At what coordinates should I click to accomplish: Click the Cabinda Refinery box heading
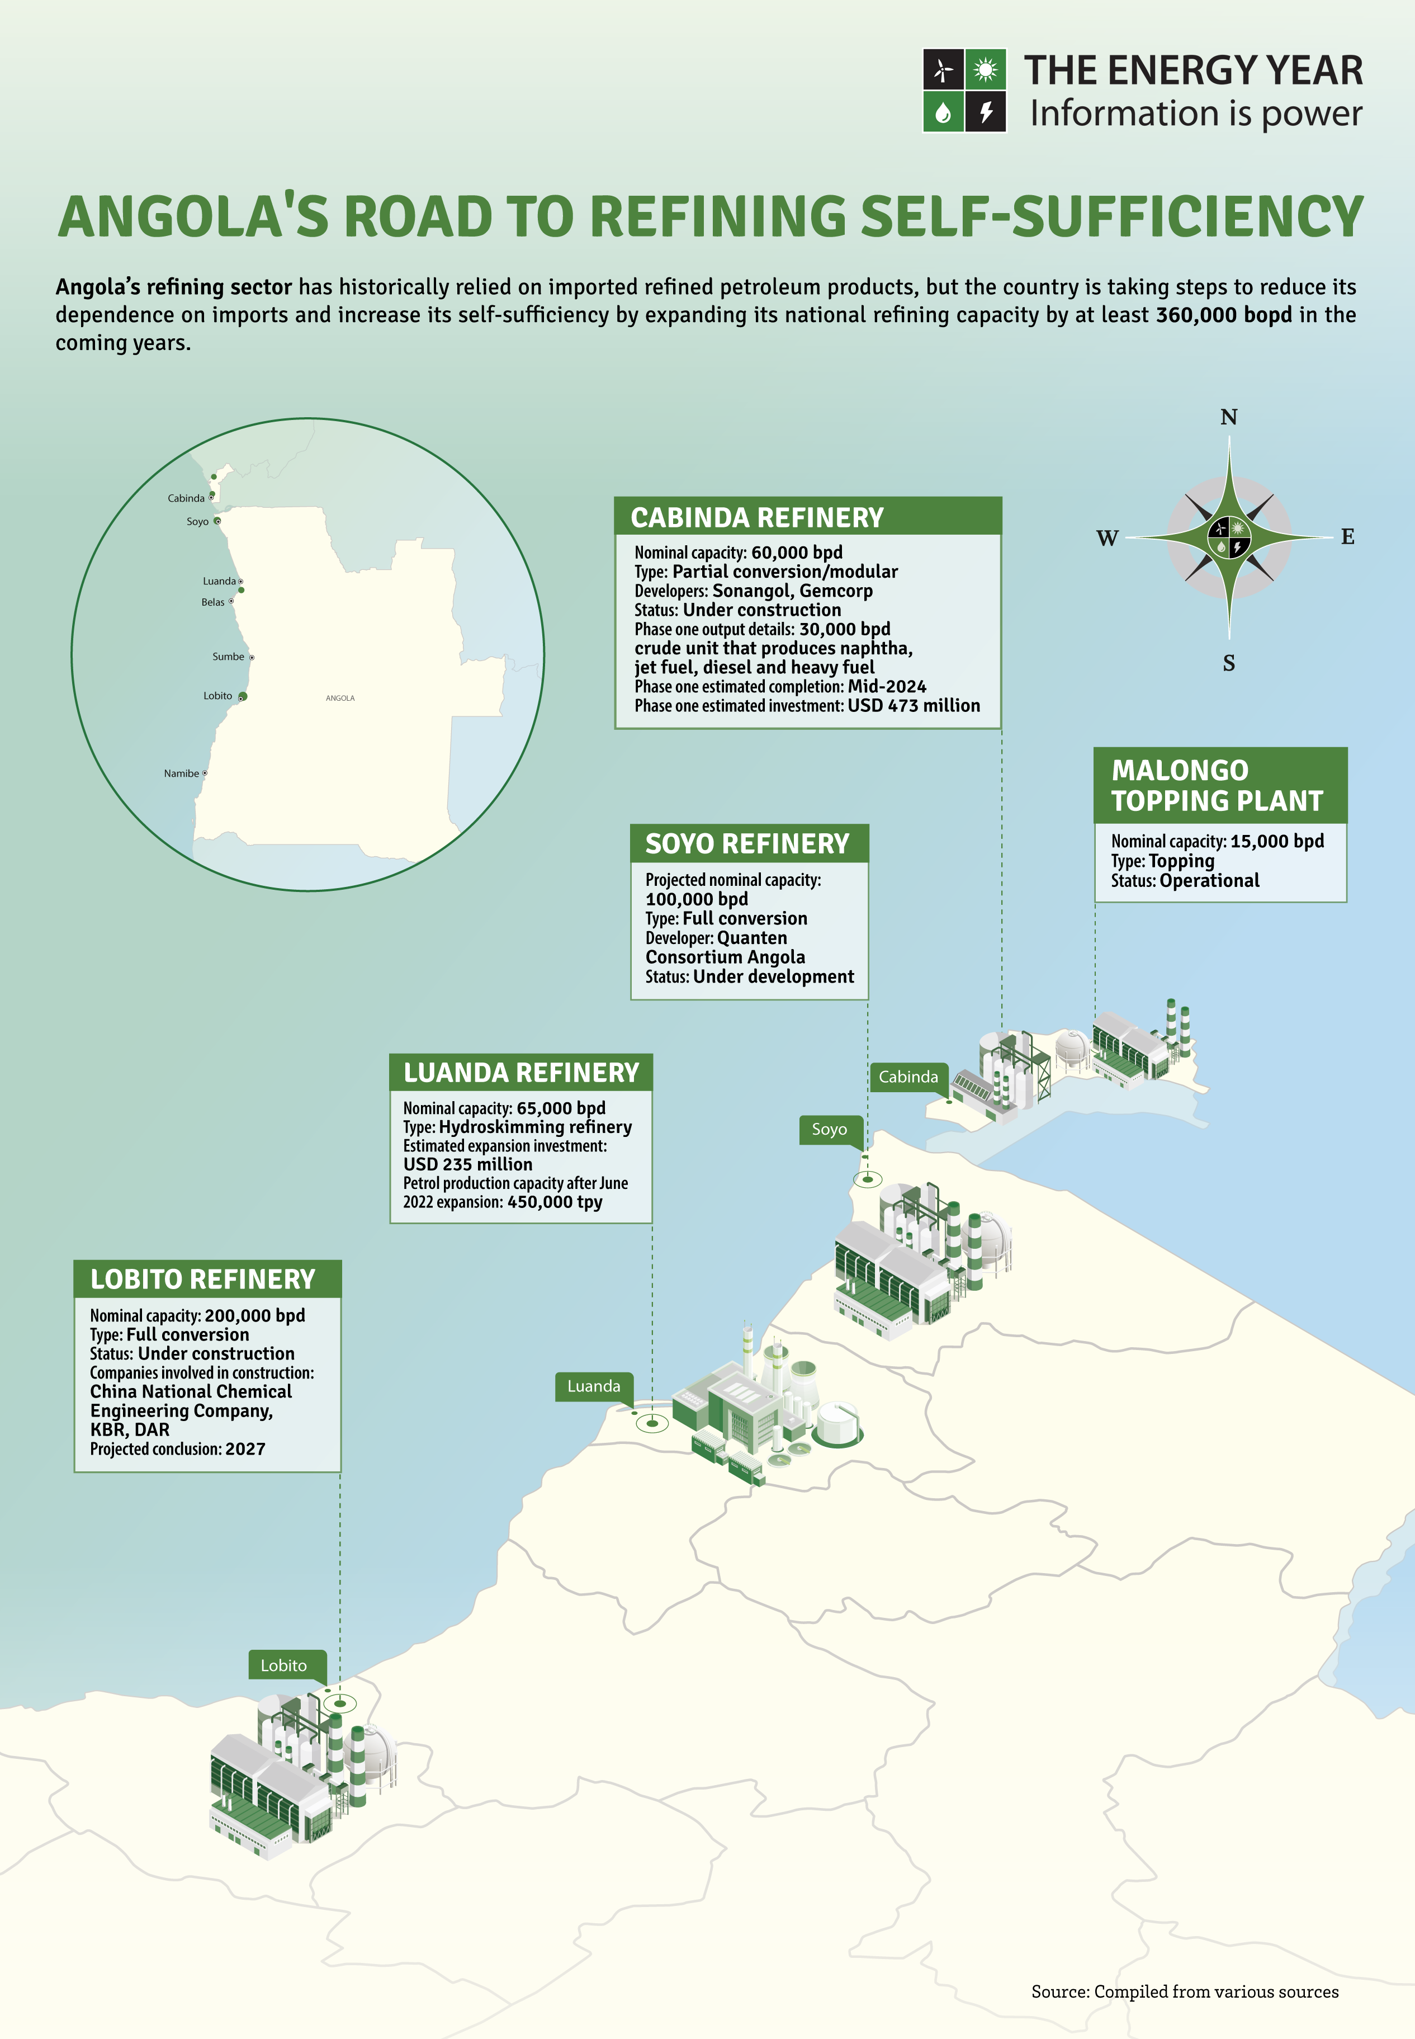click(x=756, y=518)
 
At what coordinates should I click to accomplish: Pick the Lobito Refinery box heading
click(x=202, y=1280)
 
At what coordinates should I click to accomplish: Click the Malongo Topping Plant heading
click(x=1217, y=786)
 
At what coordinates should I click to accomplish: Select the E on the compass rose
click(x=1347, y=536)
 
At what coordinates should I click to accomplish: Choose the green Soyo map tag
click(x=829, y=1129)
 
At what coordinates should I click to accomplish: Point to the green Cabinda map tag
click(x=908, y=1077)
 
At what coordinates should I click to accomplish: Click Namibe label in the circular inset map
click(x=181, y=773)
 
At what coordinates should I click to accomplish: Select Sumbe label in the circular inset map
click(x=228, y=657)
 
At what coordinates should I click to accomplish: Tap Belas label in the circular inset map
click(x=213, y=602)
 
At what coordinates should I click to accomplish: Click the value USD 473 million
click(x=913, y=706)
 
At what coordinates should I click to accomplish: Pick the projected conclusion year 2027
click(x=245, y=1449)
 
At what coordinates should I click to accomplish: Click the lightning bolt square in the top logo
click(x=985, y=112)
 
